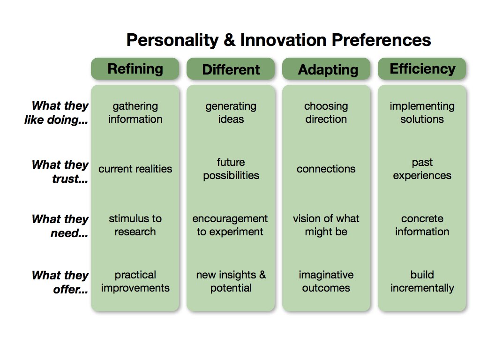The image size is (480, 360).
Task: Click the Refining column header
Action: pos(135,69)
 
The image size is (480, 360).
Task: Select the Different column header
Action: pos(231,69)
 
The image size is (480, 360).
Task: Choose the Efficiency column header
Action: pos(422,69)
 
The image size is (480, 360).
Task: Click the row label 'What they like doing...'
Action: pos(57,113)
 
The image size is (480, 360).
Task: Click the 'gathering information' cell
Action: pos(135,113)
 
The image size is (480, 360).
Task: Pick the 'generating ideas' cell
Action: pos(231,113)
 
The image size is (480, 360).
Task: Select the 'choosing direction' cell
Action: pos(326,113)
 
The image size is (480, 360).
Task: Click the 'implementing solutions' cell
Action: pos(422,113)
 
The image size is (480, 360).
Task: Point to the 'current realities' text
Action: pos(135,169)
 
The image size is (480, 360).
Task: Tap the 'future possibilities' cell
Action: pos(231,169)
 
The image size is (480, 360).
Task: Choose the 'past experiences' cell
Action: pos(422,169)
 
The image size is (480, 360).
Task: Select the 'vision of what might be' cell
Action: pos(326,225)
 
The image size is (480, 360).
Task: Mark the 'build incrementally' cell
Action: pos(422,281)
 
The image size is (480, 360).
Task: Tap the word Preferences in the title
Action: pos(381,40)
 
